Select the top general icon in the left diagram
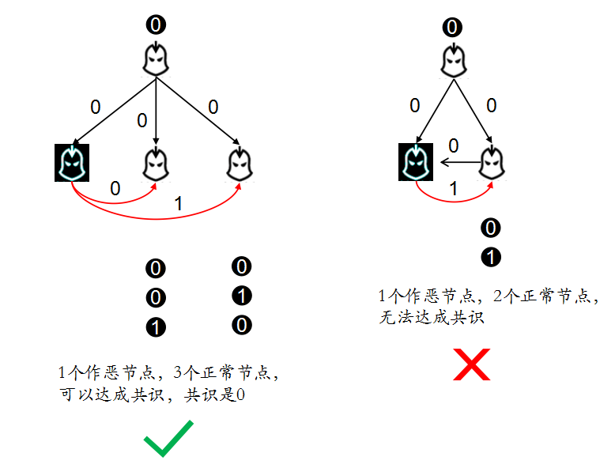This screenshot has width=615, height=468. [x=156, y=58]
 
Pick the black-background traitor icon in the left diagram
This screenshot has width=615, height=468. [x=71, y=163]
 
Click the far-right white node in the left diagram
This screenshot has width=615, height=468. [x=236, y=163]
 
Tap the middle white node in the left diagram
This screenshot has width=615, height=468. [x=157, y=163]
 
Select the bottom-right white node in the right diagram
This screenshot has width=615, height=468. [x=492, y=163]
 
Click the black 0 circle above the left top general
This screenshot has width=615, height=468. [x=156, y=25]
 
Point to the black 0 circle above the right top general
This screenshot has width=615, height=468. [x=452, y=28]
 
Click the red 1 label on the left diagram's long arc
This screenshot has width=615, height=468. [x=178, y=204]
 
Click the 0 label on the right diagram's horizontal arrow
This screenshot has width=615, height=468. [x=453, y=145]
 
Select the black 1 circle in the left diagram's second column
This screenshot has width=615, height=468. [x=241, y=296]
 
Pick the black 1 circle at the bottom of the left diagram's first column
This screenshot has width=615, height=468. [x=156, y=327]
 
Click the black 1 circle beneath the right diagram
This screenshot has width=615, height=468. [x=491, y=257]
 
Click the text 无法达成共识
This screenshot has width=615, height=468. [x=431, y=319]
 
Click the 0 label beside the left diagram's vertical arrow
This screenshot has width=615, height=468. [x=142, y=121]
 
